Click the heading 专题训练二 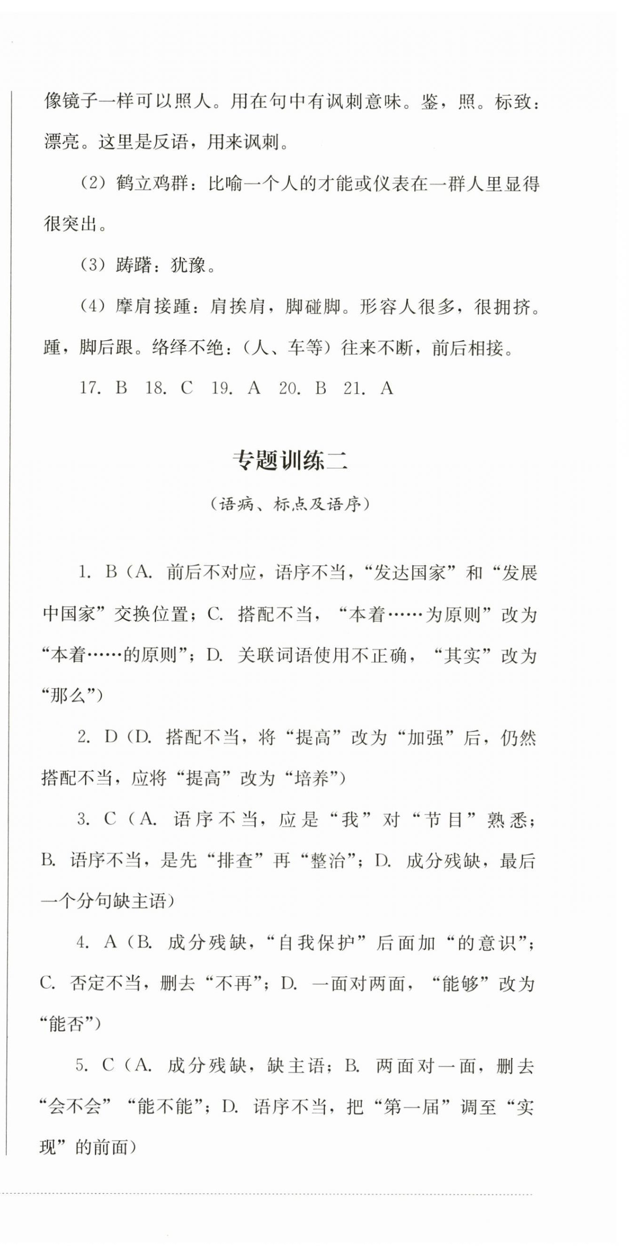pyautogui.click(x=289, y=460)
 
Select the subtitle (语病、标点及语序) pyautogui.click(x=289, y=504)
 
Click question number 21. pyautogui.click(x=354, y=388)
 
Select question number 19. pyautogui.click(x=222, y=388)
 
